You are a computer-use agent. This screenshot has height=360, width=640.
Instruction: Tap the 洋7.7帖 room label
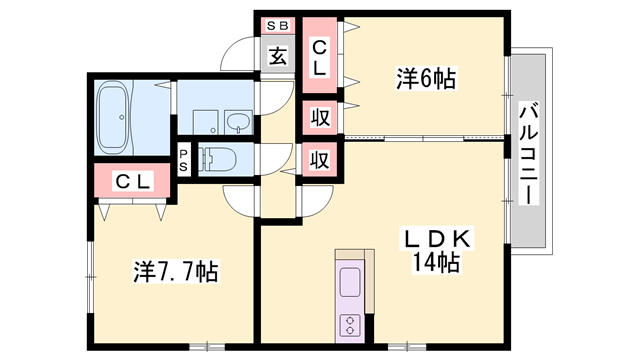[x=177, y=271]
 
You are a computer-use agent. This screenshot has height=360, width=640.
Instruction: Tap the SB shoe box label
[x=277, y=25]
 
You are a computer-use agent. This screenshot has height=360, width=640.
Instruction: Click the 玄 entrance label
[x=277, y=55]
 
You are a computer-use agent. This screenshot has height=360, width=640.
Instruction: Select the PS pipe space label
[x=184, y=160]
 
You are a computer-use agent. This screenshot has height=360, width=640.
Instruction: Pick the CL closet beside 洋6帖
[x=320, y=56]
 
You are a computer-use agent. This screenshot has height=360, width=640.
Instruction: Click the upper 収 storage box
[x=319, y=117]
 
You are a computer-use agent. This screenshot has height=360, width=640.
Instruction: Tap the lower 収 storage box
[x=319, y=159]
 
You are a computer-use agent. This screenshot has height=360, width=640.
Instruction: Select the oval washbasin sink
[x=239, y=122]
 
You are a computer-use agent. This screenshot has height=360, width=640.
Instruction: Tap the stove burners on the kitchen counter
[x=352, y=323]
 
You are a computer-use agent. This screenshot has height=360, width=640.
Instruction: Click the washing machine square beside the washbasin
[x=205, y=121]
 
